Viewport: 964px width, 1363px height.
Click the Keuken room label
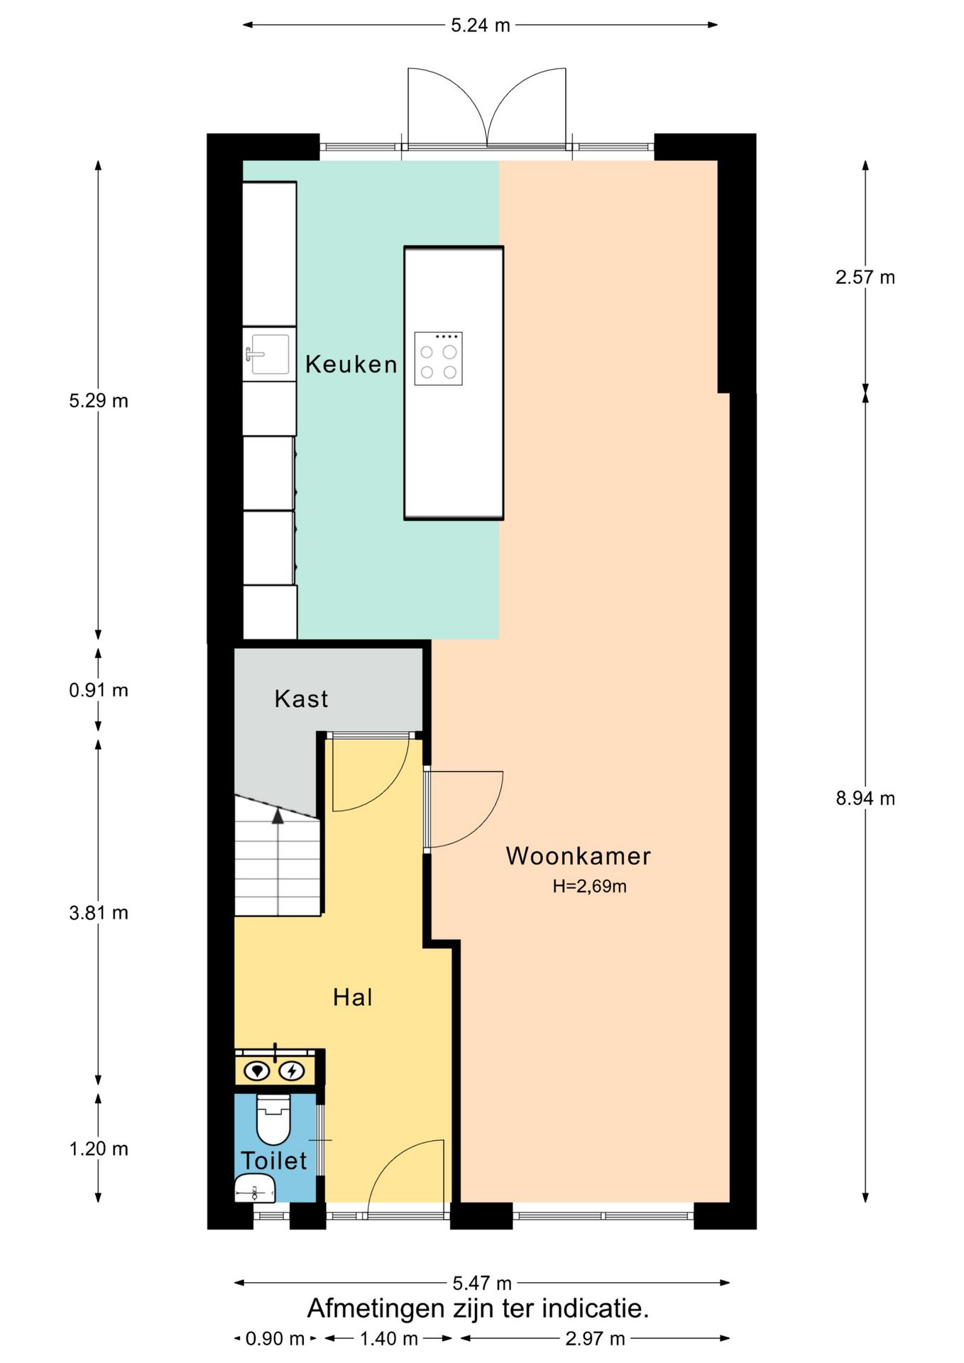(351, 364)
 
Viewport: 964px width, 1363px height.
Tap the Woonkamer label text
(578, 856)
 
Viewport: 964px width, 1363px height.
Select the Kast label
(301, 699)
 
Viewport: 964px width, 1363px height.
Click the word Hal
(352, 997)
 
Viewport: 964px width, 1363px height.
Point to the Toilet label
(273, 1161)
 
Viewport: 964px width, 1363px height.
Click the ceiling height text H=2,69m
(589, 886)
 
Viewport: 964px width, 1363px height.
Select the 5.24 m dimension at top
(481, 26)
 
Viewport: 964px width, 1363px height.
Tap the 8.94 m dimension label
(865, 799)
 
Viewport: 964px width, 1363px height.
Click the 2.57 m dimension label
(865, 278)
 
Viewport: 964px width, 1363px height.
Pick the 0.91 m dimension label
(99, 690)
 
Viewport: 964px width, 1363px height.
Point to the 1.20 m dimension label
(99, 1149)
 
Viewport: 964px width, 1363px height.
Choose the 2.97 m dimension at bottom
(595, 1339)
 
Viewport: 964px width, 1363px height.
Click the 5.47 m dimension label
(482, 1283)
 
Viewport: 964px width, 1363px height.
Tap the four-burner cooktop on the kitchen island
(438, 358)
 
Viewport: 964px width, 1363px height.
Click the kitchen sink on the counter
(267, 354)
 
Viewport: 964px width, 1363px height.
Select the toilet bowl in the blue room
(273, 1120)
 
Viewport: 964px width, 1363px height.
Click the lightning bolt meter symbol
(291, 1071)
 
